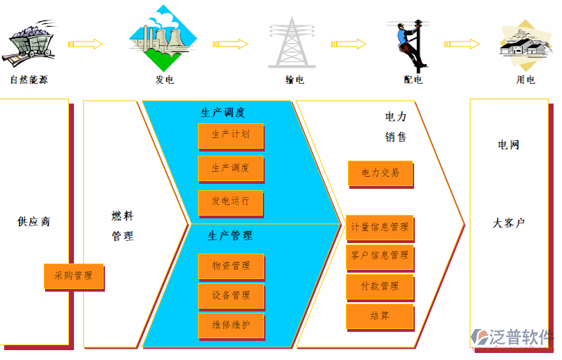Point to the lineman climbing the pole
(409, 44)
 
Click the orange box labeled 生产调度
(230, 168)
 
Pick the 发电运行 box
(230, 201)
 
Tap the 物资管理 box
(231, 266)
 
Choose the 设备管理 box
(231, 295)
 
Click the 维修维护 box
(231, 325)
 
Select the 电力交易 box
(380, 173)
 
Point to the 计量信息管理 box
(379, 228)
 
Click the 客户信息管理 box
(379, 256)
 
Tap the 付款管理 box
(379, 286)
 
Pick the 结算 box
(379, 316)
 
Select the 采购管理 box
(73, 275)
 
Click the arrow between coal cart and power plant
(85, 44)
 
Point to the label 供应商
(34, 222)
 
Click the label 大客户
(508, 223)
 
